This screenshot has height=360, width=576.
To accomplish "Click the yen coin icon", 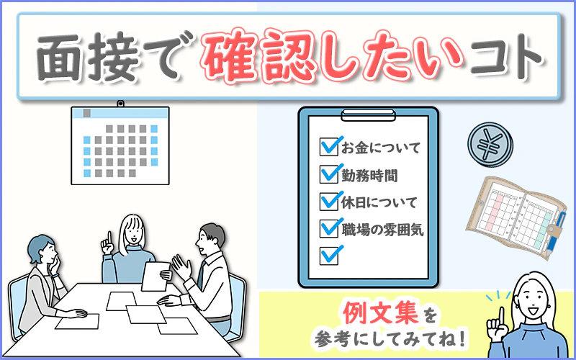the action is click(x=490, y=145).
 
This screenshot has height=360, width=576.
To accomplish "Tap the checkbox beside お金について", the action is click(x=329, y=147).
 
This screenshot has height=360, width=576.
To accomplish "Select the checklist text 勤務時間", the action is click(x=369, y=176).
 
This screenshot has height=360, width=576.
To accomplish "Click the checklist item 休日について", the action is click(x=380, y=202).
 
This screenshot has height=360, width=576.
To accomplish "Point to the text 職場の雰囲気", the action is click(x=383, y=230).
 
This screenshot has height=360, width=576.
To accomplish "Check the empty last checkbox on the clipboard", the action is click(x=329, y=256).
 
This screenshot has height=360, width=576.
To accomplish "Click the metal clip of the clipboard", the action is click(x=369, y=115).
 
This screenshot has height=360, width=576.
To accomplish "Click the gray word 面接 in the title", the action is click(x=87, y=57).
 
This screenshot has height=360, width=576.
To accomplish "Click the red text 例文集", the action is click(x=381, y=313).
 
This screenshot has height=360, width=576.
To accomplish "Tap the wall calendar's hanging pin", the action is click(x=120, y=104).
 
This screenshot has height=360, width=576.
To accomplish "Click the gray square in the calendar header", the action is click(x=86, y=113).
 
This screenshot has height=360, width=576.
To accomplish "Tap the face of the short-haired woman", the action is click(x=48, y=253).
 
